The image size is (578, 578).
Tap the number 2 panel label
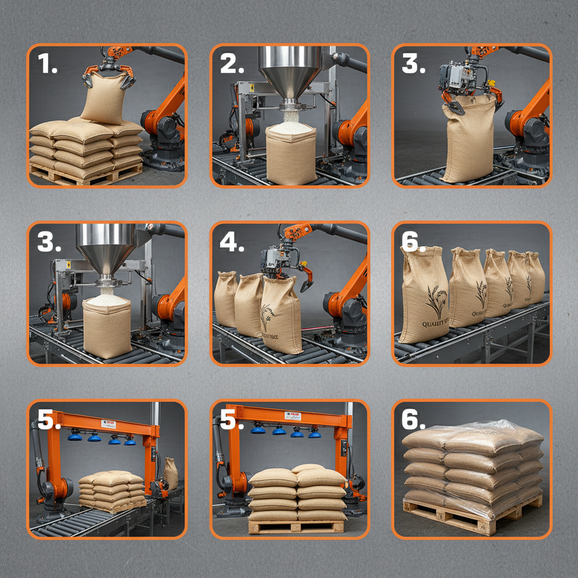231,64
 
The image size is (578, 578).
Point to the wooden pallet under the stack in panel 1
85,177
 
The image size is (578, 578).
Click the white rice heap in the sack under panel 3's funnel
106,299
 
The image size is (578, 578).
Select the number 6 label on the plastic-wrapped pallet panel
414,421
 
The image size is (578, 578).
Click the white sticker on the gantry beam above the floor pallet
292,416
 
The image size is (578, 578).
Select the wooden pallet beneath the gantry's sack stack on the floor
296,526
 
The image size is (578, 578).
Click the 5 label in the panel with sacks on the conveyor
49,421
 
